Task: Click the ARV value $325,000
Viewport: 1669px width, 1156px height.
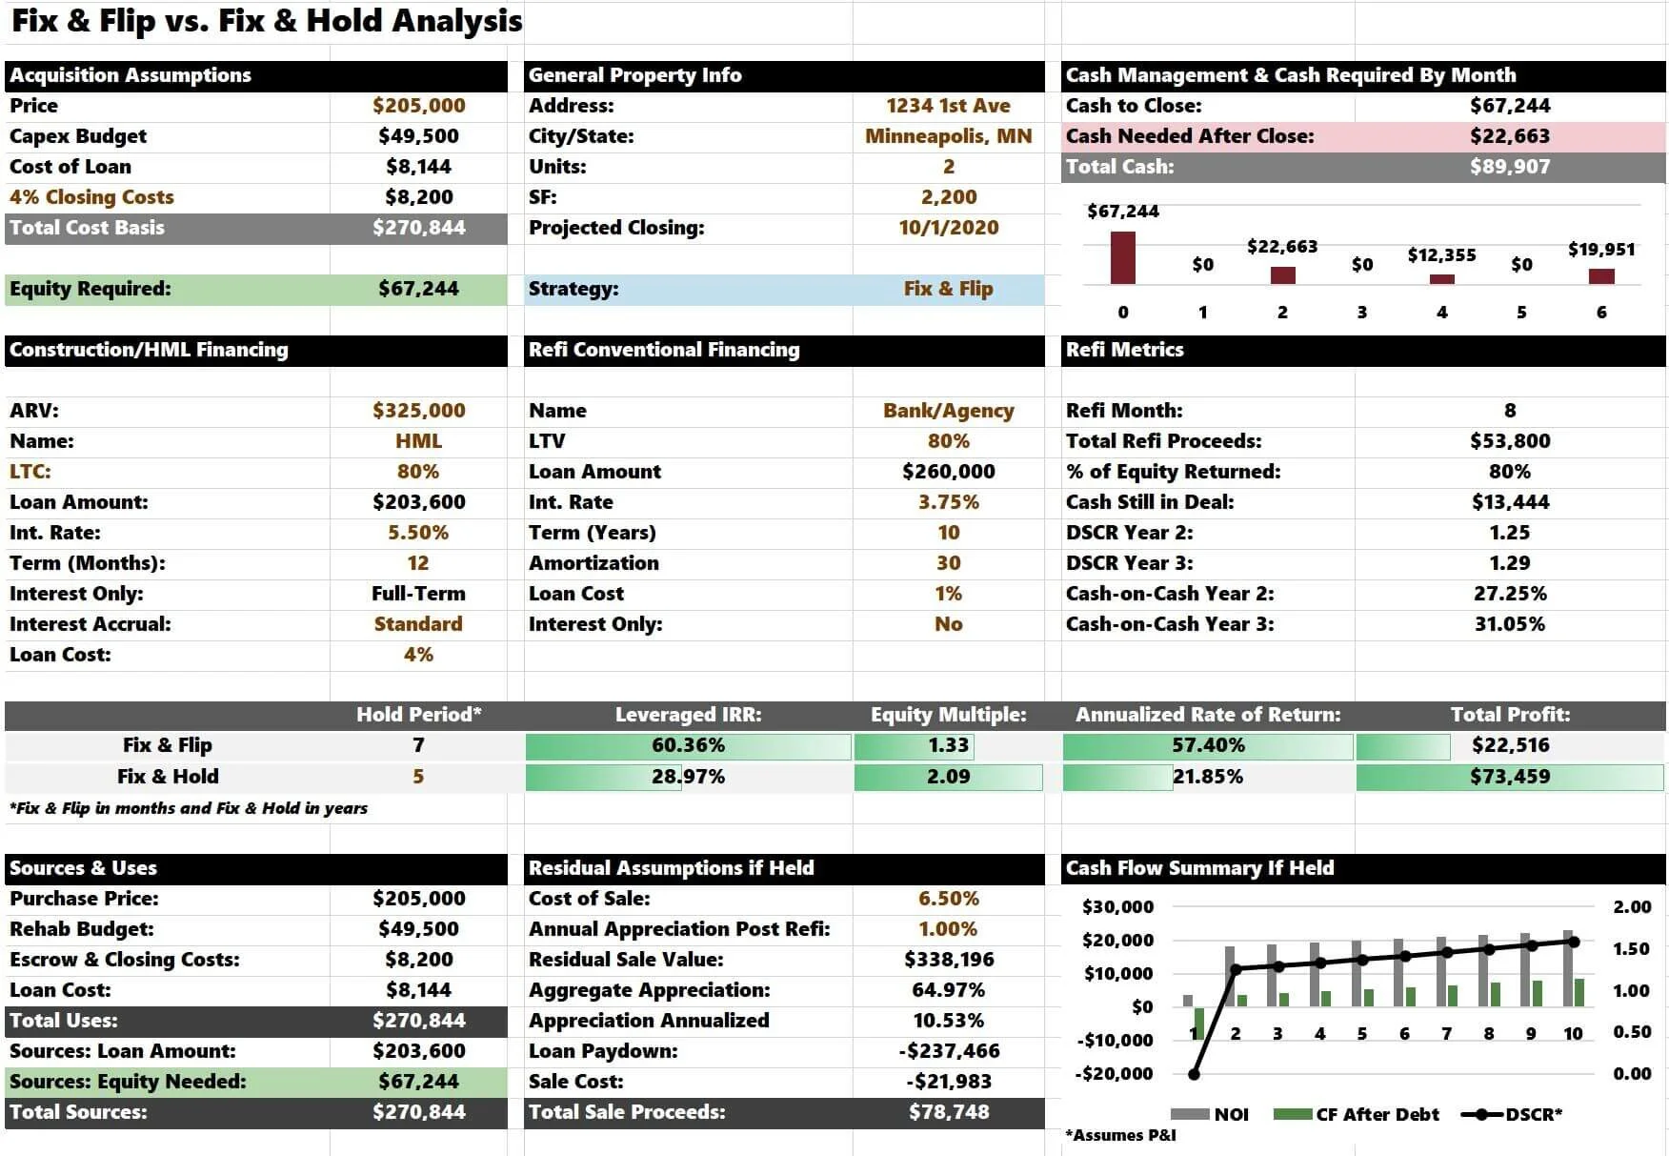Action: (x=418, y=411)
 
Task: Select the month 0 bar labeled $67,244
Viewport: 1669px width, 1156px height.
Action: (x=1123, y=257)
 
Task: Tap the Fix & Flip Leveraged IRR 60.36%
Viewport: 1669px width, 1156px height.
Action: (x=688, y=745)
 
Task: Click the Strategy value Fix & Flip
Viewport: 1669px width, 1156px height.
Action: (x=948, y=289)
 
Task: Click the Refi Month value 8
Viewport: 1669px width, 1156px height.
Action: (x=1509, y=411)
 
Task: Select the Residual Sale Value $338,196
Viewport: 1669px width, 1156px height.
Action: (x=948, y=960)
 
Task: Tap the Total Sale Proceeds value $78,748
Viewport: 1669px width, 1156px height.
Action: (x=948, y=1112)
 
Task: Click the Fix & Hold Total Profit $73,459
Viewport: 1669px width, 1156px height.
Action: (x=1509, y=777)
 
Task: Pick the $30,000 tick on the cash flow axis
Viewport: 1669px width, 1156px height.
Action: (x=1117, y=906)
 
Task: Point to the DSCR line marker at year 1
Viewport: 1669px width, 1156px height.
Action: (x=1194, y=1074)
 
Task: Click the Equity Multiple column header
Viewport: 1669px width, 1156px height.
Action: (x=948, y=715)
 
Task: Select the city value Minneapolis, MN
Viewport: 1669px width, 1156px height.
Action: (x=948, y=136)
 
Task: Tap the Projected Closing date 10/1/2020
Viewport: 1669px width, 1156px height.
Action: (x=948, y=228)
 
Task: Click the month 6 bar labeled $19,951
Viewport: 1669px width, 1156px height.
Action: (x=1601, y=276)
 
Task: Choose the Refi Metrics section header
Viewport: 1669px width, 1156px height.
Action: (x=1124, y=350)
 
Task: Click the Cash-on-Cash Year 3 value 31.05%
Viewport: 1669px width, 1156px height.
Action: (x=1509, y=624)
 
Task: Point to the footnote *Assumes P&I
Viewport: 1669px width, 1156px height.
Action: (x=1121, y=1135)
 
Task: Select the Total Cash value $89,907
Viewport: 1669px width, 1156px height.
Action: (x=1509, y=167)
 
